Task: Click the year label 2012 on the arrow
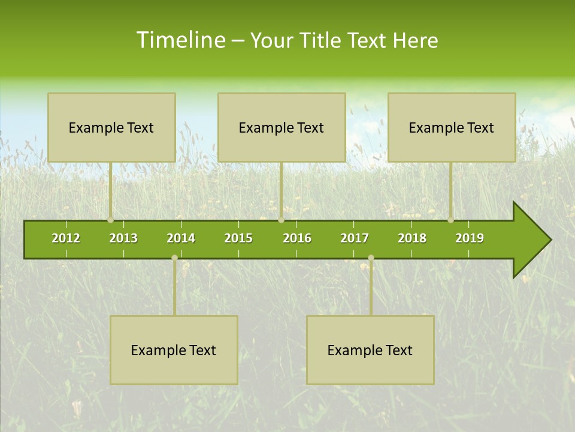point(66,238)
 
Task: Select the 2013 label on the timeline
point(123,238)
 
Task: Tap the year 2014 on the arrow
point(181,238)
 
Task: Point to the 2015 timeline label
point(238,238)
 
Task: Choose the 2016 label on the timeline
point(297,238)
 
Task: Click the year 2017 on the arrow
point(355,238)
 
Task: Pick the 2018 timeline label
point(412,238)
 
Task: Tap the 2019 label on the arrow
point(470,238)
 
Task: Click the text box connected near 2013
point(111,127)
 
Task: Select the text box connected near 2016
point(282,127)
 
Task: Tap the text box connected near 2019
point(452,127)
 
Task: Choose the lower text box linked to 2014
point(174,350)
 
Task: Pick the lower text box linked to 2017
point(370,350)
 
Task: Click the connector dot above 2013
point(111,220)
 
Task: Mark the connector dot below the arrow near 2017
point(371,258)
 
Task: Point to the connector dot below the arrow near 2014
point(174,258)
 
